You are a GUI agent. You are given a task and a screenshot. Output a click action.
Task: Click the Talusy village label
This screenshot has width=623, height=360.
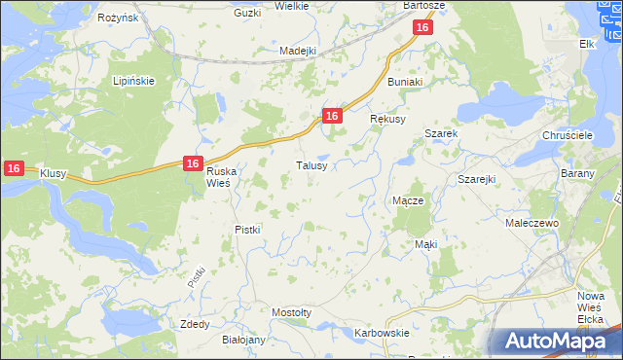click(x=317, y=165)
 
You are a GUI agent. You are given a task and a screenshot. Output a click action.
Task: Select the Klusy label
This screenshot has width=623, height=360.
click(x=52, y=173)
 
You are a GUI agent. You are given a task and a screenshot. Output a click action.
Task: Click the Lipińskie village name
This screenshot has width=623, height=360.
click(x=134, y=81)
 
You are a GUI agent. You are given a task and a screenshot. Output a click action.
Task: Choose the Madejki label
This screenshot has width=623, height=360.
click(x=299, y=51)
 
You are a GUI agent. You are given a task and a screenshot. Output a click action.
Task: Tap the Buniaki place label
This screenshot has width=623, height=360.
click(x=406, y=83)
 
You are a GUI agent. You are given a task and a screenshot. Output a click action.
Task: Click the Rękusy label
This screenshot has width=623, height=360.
click(x=386, y=118)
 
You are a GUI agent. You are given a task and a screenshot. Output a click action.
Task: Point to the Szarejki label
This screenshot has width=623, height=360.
click(x=477, y=180)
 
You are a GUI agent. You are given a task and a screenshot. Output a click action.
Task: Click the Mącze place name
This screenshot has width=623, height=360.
click(x=407, y=200)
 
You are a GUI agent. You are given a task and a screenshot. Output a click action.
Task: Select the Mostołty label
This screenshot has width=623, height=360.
click(x=291, y=312)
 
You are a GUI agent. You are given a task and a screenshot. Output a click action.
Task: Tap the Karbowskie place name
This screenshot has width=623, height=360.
click(x=381, y=333)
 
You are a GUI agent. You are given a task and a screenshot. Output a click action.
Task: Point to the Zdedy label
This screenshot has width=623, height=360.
click(x=195, y=324)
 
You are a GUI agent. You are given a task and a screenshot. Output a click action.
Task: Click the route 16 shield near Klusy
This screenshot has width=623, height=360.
click(x=13, y=168)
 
